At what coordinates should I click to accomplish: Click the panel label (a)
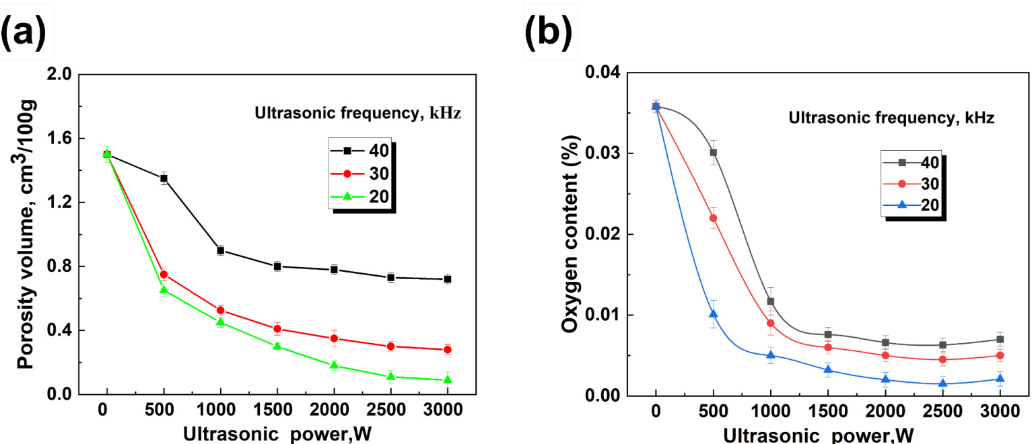[27, 34]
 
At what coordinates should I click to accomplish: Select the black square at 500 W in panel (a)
[164, 178]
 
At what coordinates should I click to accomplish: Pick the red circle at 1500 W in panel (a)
[277, 329]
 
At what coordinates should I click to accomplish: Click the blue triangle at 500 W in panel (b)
[714, 314]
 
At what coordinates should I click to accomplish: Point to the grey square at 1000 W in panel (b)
[771, 301]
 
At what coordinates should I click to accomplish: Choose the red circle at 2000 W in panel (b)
[886, 355]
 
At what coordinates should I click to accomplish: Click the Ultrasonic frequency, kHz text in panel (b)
[892, 118]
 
